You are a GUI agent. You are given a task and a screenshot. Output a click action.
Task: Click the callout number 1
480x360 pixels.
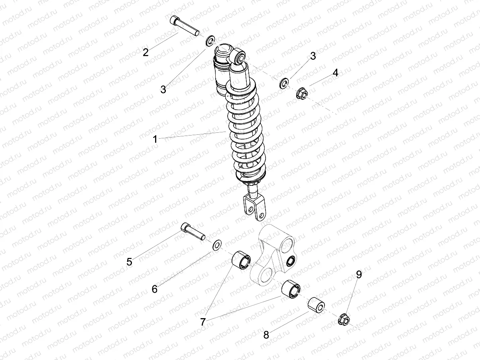point(155,139)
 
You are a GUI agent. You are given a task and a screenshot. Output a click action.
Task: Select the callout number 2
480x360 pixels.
point(146,52)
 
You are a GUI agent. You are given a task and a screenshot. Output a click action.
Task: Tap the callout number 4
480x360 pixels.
point(335,73)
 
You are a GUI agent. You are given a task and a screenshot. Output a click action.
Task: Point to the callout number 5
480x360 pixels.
point(129,262)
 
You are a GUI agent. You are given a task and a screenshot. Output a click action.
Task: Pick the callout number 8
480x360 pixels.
point(266,335)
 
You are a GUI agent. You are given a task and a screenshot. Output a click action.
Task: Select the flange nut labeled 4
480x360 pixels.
point(302,94)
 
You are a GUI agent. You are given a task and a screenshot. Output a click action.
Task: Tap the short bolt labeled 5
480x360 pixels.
point(193,231)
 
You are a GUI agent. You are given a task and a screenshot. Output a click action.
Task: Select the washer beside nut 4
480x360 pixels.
point(284,84)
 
